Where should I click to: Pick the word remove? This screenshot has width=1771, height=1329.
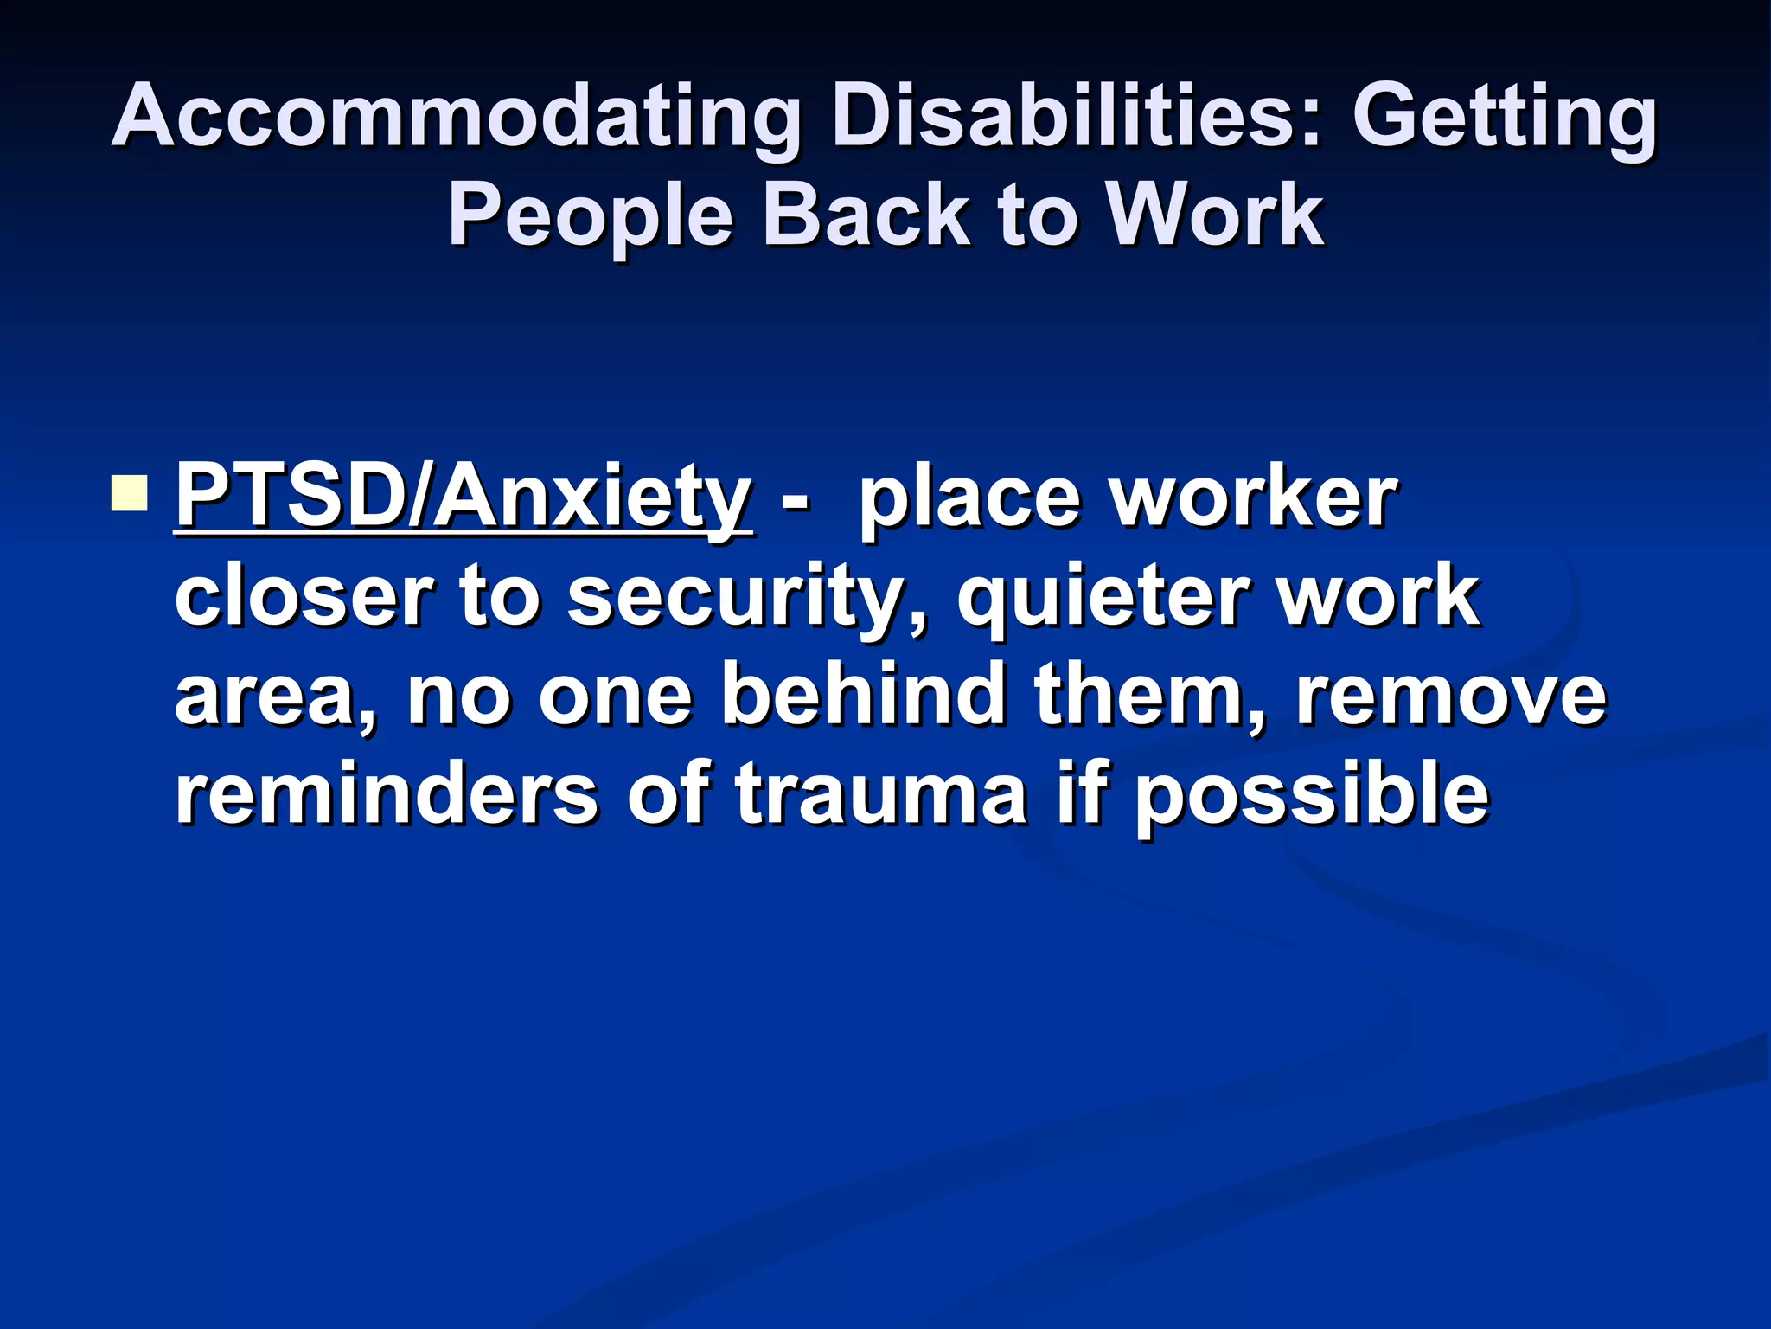[x=1451, y=696]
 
